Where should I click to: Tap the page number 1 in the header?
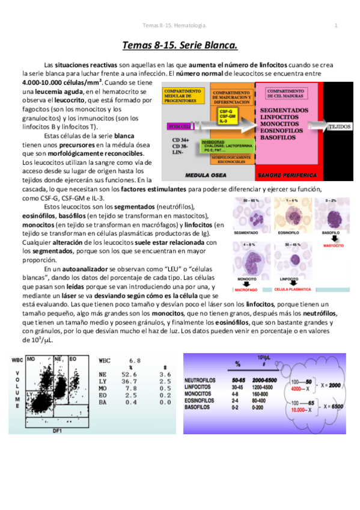pos(335,25)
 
